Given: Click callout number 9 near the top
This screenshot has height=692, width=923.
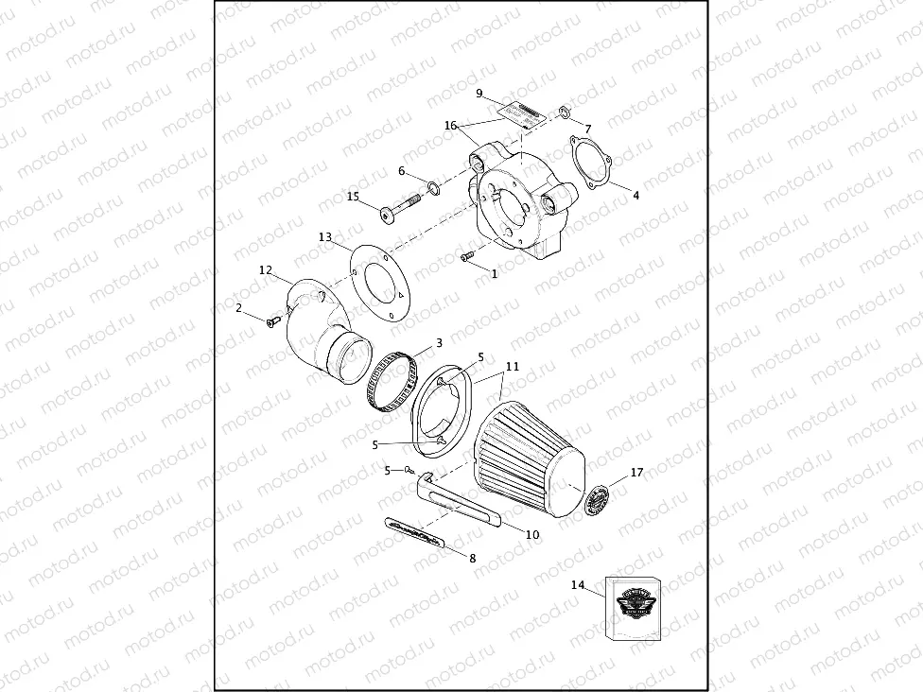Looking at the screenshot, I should tap(479, 93).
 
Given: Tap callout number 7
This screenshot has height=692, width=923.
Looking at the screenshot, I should tap(587, 129).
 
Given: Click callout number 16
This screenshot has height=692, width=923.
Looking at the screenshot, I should tap(450, 125).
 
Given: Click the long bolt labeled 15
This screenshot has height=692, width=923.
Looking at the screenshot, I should tap(401, 209).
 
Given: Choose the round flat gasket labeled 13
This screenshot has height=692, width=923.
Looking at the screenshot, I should tap(376, 280).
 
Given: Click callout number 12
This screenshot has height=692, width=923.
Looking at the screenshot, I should tap(266, 270).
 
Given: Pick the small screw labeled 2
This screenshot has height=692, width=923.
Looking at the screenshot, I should tap(271, 323).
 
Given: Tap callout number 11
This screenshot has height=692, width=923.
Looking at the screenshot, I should tap(513, 365).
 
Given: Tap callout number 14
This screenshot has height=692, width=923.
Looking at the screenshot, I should tap(578, 585).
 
